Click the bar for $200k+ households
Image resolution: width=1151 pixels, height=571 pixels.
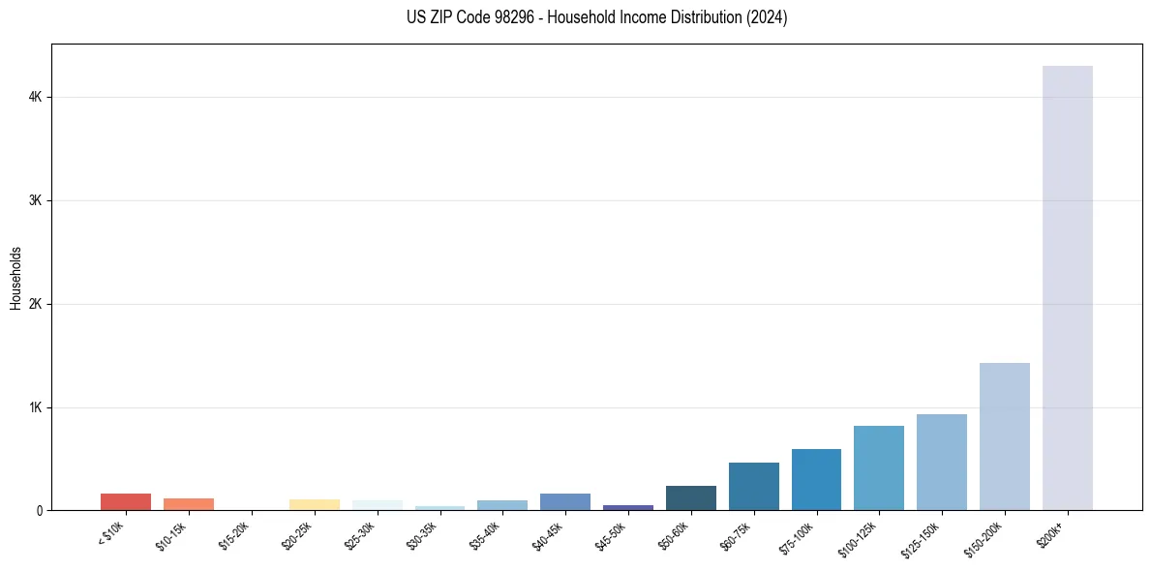tap(1067, 290)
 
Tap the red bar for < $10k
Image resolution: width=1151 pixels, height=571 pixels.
tap(126, 502)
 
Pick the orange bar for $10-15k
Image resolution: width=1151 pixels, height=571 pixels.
tap(189, 504)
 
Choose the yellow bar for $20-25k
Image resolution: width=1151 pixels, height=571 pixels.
tap(314, 505)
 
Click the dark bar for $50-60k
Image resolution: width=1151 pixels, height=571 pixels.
tap(690, 498)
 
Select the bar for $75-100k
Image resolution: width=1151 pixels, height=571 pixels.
tap(816, 480)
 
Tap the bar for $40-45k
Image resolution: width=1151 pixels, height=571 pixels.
tap(565, 502)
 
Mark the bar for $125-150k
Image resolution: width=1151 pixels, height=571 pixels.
tap(941, 463)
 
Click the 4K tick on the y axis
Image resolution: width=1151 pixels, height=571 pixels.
tap(35, 97)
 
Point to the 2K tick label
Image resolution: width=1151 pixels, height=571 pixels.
tap(35, 304)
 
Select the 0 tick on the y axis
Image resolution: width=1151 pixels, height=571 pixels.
tap(39, 511)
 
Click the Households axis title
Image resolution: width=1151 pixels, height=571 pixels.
tap(15, 278)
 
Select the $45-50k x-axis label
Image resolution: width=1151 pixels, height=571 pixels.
tap(613, 534)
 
